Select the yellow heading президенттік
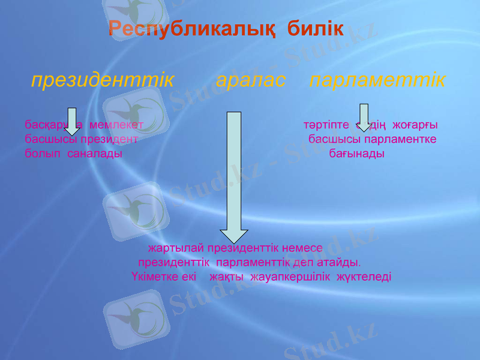pyautogui.click(x=103, y=80)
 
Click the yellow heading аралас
pyautogui.click(x=250, y=80)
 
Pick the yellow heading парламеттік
pyautogui.click(x=377, y=80)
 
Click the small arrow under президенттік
pyautogui.click(x=72, y=121)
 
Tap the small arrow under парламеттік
pyautogui.click(x=364, y=118)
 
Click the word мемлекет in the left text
pyautogui.click(x=116, y=125)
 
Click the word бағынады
pyautogui.click(x=358, y=154)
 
